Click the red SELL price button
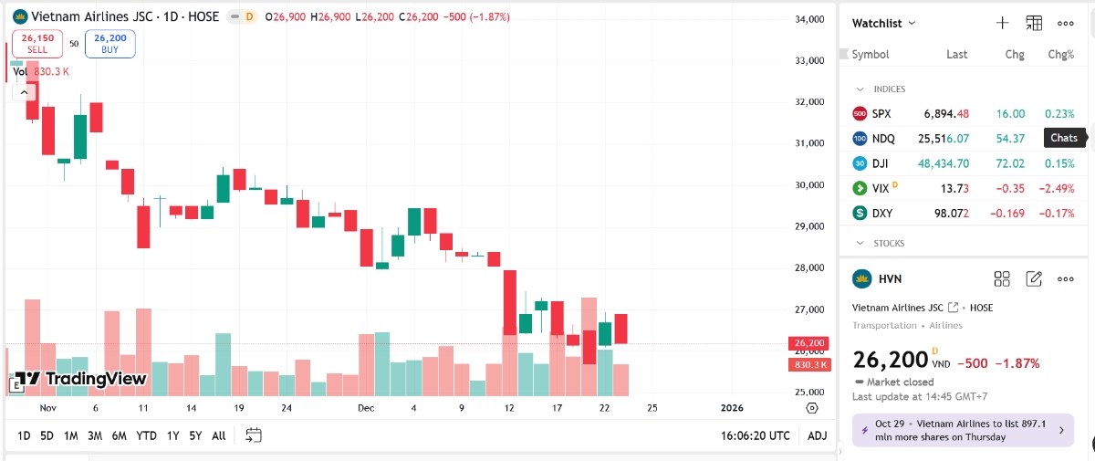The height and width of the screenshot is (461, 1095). (37, 44)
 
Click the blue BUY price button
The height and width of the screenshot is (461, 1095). (109, 44)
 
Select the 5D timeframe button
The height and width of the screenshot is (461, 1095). (47, 435)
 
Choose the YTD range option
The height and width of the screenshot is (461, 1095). (146, 435)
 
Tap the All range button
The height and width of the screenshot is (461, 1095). (218, 435)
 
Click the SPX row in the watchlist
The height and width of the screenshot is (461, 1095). (958, 114)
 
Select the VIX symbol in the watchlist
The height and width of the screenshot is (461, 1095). (881, 188)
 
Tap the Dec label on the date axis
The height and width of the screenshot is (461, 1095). (366, 408)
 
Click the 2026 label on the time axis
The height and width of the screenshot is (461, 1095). (732, 408)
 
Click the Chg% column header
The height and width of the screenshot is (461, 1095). (1060, 55)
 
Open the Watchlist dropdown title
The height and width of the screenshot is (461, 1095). (883, 23)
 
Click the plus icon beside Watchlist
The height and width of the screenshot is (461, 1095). (1002, 23)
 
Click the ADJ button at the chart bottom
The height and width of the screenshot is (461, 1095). (817, 435)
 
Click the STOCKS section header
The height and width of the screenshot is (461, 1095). (889, 244)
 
